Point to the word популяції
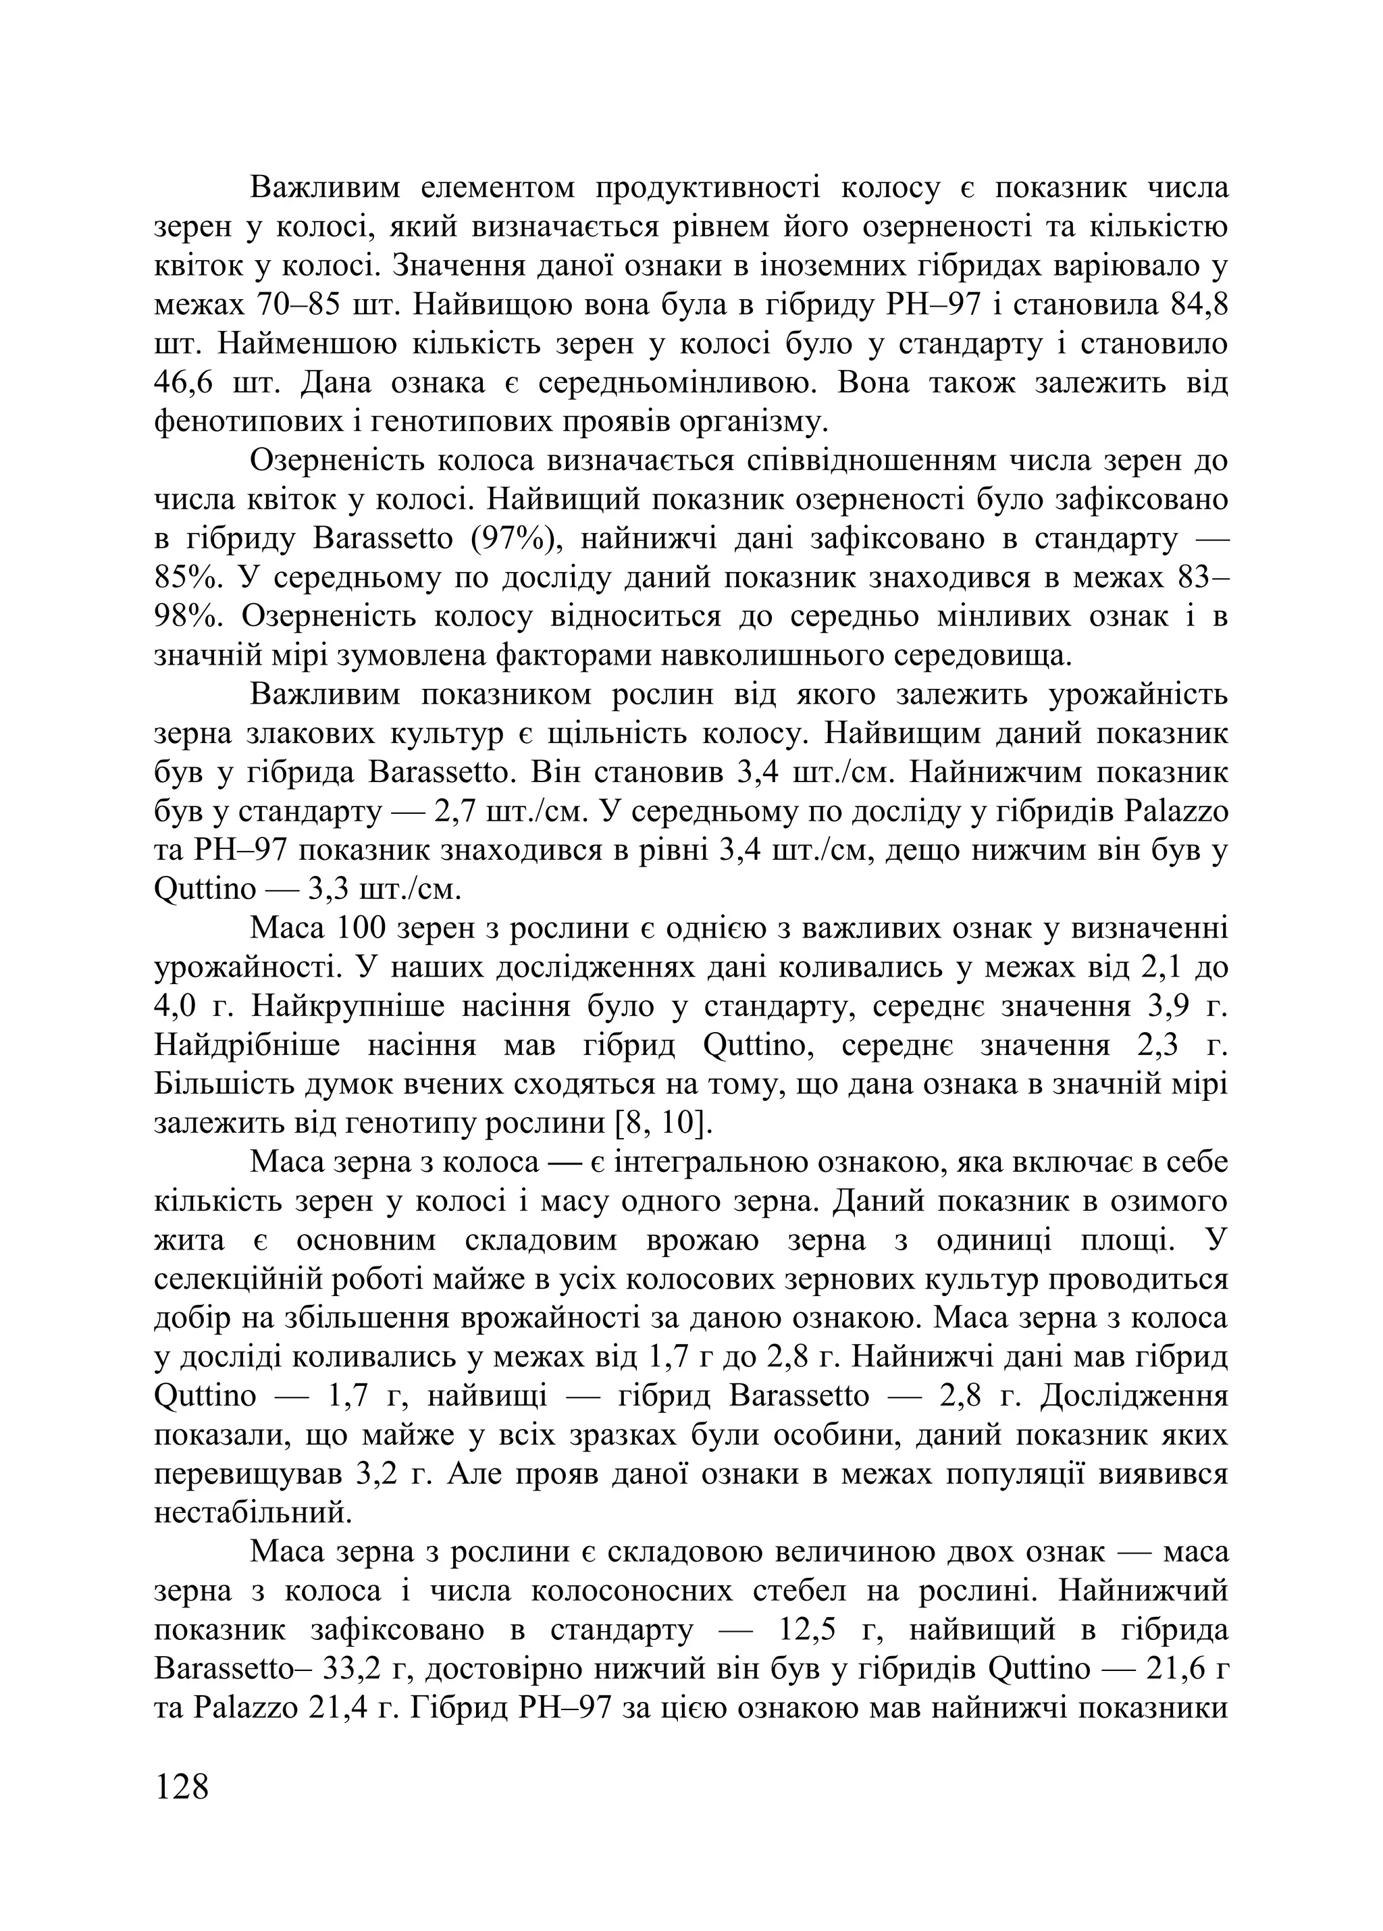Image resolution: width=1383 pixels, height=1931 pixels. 1007,1474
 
